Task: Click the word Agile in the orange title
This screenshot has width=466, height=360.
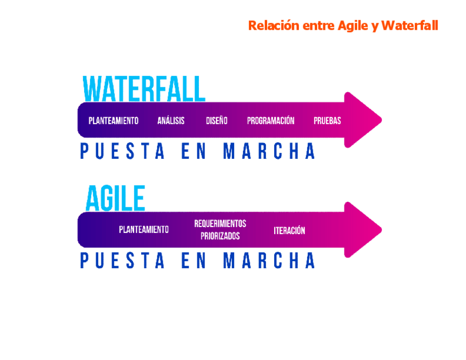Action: tap(353, 26)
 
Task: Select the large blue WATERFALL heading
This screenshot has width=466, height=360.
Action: tap(144, 89)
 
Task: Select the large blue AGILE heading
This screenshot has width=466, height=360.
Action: tap(115, 198)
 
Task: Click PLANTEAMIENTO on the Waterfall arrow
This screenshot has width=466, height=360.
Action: tap(114, 120)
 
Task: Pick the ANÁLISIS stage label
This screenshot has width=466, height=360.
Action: tap(171, 120)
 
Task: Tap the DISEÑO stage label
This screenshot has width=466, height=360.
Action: tap(217, 120)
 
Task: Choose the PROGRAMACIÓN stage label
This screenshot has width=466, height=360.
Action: tap(270, 120)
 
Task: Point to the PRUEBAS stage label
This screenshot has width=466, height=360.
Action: tap(327, 120)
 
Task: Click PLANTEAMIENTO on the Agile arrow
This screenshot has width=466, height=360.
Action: tap(144, 230)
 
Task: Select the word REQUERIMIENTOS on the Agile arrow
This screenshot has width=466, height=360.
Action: tap(220, 224)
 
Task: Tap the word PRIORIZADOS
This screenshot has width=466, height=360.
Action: tap(220, 236)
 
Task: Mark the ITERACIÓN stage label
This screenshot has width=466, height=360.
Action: tap(289, 230)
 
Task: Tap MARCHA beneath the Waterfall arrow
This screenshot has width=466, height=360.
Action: tap(269, 151)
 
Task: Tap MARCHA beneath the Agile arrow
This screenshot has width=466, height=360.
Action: tap(269, 261)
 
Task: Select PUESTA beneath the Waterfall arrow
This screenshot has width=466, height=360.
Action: tap(122, 151)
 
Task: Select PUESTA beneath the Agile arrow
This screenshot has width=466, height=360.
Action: tap(122, 261)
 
